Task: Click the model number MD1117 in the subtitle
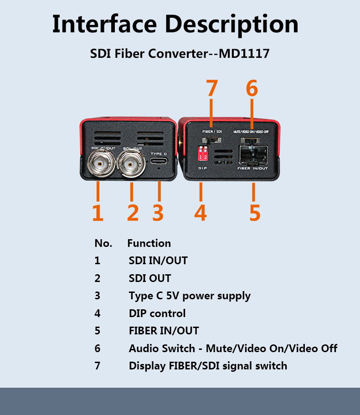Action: click(244, 54)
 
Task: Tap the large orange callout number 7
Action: click(212, 88)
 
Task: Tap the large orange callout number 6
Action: click(252, 88)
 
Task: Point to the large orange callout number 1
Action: click(98, 213)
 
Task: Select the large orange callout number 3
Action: click(158, 213)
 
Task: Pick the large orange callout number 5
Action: click(255, 213)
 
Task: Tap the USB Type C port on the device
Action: click(159, 161)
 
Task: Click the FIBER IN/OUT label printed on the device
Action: click(253, 168)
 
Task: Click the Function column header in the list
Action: click(149, 243)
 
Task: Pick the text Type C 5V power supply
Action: click(190, 296)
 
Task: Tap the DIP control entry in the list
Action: click(157, 313)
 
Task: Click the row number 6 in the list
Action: click(97, 348)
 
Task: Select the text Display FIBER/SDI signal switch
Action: click(208, 366)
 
